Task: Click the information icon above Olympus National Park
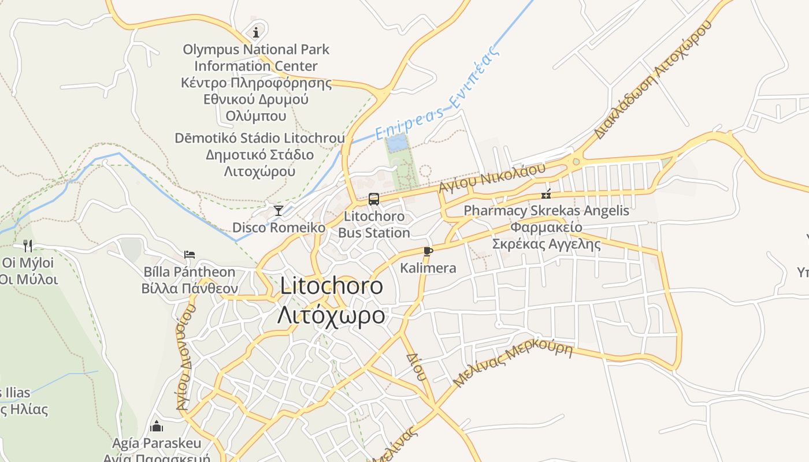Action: coord(256,31)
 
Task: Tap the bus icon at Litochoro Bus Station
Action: coord(374,199)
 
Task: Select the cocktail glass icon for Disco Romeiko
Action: coord(279,210)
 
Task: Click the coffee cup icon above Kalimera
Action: coord(428,251)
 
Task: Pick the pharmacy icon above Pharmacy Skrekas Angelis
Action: coord(546,194)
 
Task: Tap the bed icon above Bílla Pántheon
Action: coord(190,255)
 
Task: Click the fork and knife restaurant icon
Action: coord(28,246)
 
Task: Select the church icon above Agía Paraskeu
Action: coord(157,427)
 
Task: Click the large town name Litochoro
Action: coord(331,286)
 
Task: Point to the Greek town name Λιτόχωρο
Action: coord(331,315)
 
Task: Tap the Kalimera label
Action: coord(428,268)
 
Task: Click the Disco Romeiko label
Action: coord(279,228)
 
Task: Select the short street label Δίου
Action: coord(416,367)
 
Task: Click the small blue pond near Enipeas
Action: coord(396,143)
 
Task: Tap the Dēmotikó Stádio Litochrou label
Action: coord(260,139)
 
